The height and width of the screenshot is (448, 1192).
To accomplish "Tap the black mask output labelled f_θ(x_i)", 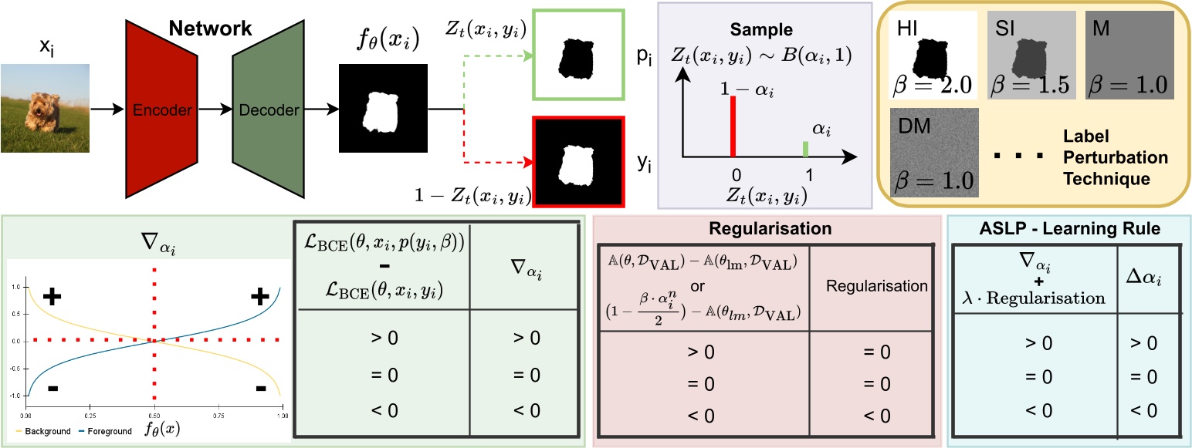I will [x=383, y=110].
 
